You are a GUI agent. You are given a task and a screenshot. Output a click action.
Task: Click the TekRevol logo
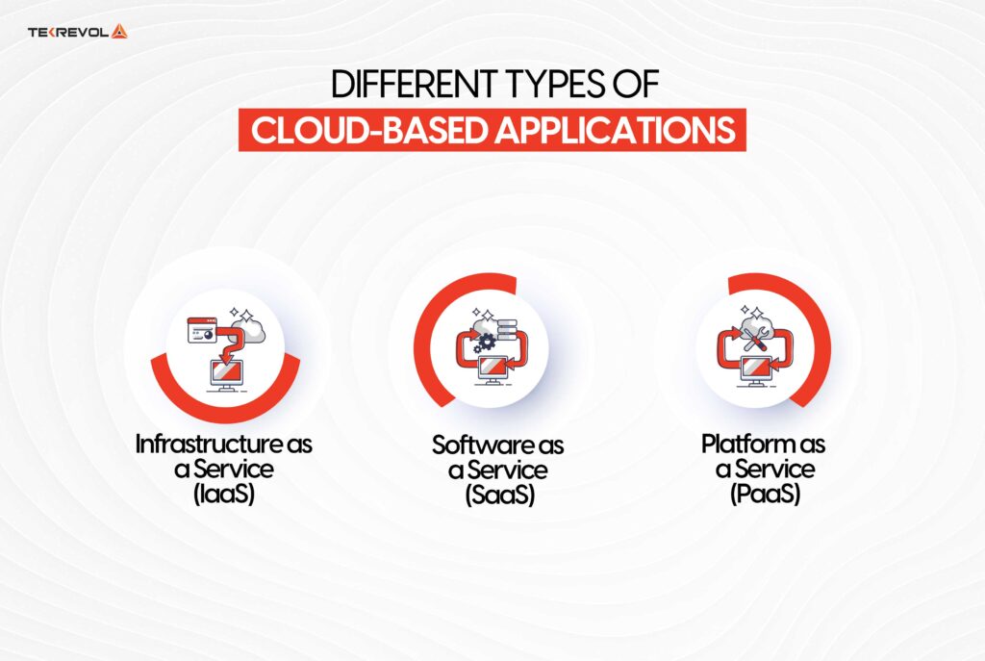click(x=78, y=31)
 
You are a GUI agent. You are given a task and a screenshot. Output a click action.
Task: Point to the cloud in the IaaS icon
click(x=253, y=329)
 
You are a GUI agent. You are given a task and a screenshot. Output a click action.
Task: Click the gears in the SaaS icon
click(x=486, y=339)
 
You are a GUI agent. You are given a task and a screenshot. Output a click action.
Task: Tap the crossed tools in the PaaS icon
click(x=755, y=336)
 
